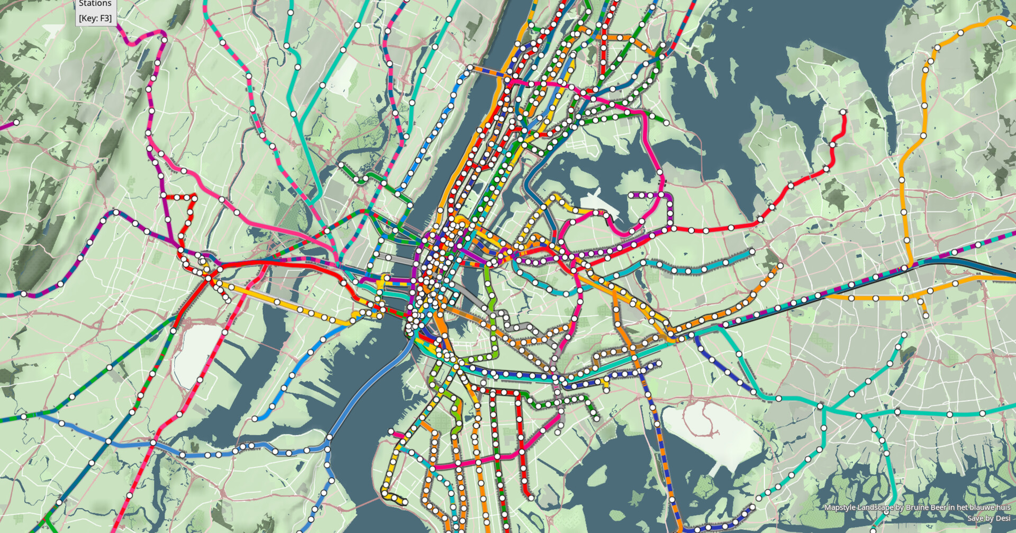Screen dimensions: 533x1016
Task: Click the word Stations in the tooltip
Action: pos(95,4)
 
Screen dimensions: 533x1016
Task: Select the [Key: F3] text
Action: pos(95,18)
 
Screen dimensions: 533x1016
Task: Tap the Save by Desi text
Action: pos(988,518)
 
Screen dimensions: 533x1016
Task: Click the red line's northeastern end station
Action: pos(843,112)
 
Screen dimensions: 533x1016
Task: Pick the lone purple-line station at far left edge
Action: pos(16,123)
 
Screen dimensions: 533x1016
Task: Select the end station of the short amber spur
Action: pos(926,316)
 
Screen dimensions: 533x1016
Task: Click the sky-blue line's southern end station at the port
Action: pos(255,419)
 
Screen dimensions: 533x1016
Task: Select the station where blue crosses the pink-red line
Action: pos(153,442)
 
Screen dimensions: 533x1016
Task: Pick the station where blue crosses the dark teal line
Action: pos(108,441)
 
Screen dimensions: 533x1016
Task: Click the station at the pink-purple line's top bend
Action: pos(164,39)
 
